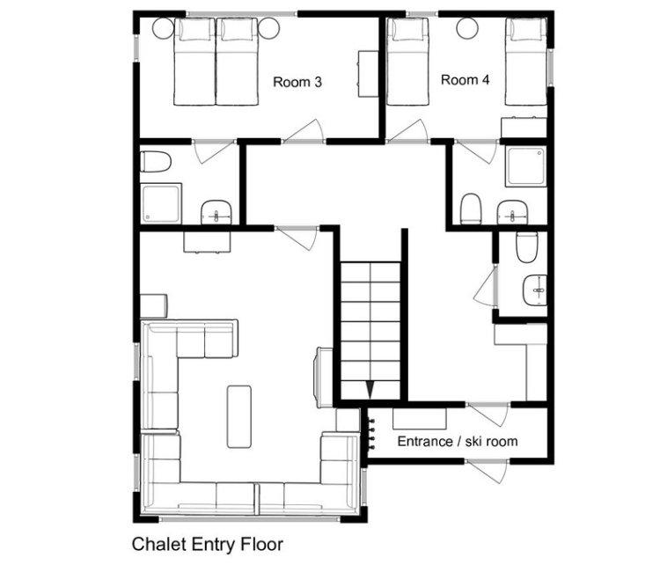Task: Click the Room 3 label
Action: tap(297, 82)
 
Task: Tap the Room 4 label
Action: tap(466, 79)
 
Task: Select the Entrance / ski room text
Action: tap(458, 441)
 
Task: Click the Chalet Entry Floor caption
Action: tap(207, 544)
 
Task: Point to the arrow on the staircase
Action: tap(370, 390)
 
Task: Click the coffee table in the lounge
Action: tap(239, 417)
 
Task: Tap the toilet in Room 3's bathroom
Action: tap(155, 162)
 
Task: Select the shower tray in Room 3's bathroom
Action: tap(161, 203)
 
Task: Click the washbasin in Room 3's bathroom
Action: tap(216, 212)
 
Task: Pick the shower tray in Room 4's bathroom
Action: tap(526, 165)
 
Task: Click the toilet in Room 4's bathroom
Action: tap(471, 209)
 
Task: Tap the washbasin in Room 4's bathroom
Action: tap(512, 212)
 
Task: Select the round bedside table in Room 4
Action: tap(467, 29)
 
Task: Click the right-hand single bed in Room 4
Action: tap(526, 62)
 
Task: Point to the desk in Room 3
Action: tap(369, 74)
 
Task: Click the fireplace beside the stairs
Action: tap(324, 378)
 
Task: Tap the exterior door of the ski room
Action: tap(488, 471)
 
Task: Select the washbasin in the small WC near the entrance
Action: tap(535, 290)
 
